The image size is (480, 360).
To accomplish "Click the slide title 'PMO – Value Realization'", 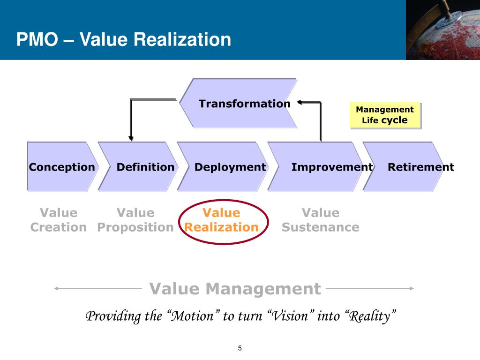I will coord(124,39).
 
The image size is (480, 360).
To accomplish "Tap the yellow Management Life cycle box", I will coord(384,115).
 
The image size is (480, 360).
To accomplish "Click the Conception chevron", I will coord(61,167).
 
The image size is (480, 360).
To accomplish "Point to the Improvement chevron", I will coord(328,167).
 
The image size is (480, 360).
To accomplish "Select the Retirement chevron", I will coord(417,167).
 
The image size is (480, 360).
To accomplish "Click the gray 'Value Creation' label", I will coord(59,220).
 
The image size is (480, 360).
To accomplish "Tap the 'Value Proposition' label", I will coord(135,220).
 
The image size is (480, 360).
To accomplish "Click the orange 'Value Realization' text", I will coord(221,220).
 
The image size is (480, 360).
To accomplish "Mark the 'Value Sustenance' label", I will coord(321,220).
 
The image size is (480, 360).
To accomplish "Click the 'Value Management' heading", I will coord(235,289).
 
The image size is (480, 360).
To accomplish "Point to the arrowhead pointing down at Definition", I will coord(131,138).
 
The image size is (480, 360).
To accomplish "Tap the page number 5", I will coord(240,348).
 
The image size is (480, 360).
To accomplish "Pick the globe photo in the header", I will coord(442,30).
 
